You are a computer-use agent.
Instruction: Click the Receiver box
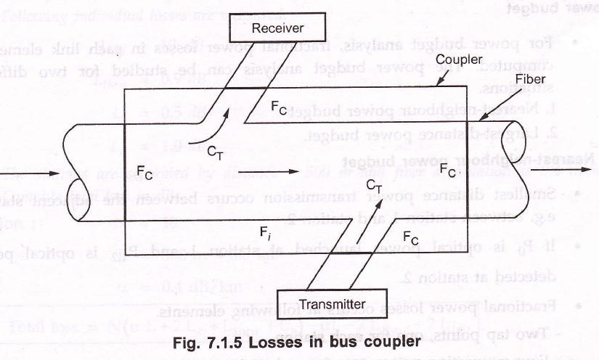click(x=277, y=28)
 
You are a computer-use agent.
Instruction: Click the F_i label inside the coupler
click(x=266, y=232)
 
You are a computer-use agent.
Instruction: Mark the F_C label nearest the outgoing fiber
click(x=448, y=171)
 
